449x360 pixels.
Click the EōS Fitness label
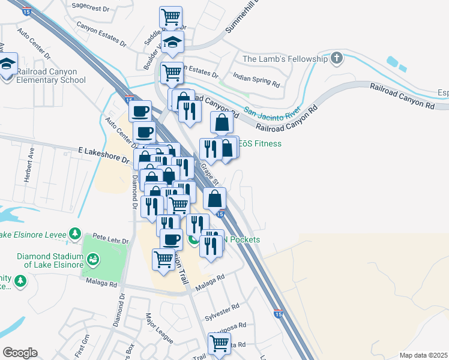point(260,144)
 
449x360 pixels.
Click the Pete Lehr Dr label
point(112,241)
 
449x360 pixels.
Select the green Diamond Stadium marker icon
point(92,259)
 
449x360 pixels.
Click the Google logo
point(19,353)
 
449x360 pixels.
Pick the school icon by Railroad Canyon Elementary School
point(7,63)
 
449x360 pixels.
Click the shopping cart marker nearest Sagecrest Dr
point(171,16)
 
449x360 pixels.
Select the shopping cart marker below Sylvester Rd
point(219,343)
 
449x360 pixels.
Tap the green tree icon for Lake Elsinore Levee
point(74,233)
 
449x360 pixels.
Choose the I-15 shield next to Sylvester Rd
point(278,313)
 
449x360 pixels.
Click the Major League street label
point(159,326)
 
